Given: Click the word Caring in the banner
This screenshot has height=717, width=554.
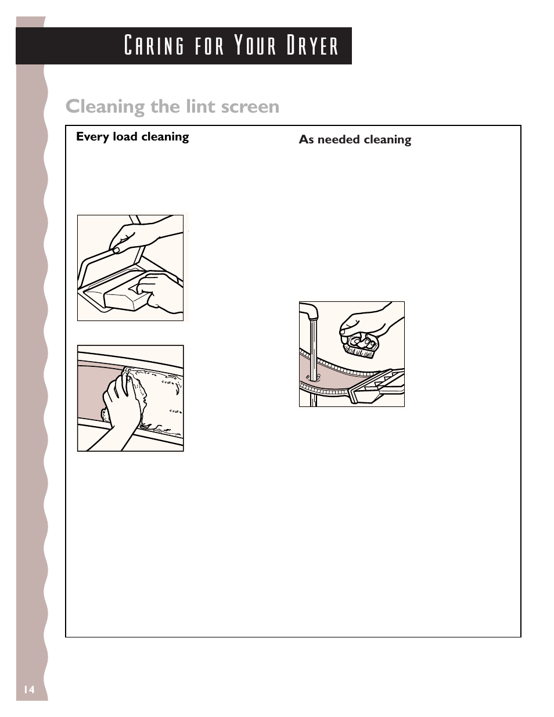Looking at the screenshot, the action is point(154,45).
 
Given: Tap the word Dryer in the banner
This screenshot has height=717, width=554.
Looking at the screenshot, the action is point(312,45).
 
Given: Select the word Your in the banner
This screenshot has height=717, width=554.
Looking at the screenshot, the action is point(255,45).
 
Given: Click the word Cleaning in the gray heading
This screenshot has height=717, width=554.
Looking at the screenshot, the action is point(105,107).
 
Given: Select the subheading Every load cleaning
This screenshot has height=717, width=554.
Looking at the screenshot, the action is point(132,136).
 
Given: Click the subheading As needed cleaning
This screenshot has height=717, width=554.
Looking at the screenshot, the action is point(355,139).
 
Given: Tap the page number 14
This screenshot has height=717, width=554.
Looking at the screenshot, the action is point(29,689).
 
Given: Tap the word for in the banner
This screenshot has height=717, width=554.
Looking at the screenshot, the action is point(209,45).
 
